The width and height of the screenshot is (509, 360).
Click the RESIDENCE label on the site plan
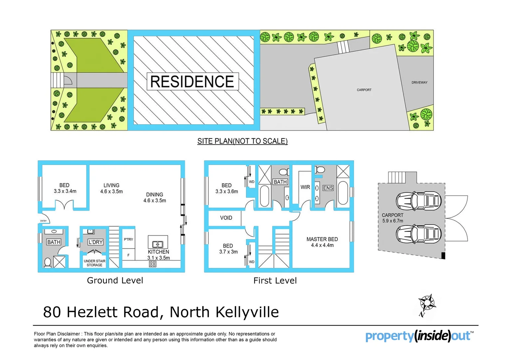(x=193, y=82)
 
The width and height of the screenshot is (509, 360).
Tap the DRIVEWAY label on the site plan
(x=419, y=82)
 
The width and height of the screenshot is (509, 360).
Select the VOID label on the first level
(x=226, y=218)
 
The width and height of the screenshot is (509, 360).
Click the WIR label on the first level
(x=305, y=187)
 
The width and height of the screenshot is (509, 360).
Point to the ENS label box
(x=328, y=188)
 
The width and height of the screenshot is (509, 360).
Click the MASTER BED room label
(x=322, y=239)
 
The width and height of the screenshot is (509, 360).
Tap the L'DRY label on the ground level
(x=95, y=242)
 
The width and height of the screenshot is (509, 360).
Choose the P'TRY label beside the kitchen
(x=128, y=239)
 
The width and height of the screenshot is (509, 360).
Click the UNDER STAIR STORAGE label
(x=95, y=263)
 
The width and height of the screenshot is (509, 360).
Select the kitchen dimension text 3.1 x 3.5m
(x=159, y=258)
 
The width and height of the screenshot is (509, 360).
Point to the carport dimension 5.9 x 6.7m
(x=392, y=221)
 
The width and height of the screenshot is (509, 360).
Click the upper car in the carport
(x=418, y=201)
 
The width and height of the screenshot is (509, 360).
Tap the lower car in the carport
(x=418, y=234)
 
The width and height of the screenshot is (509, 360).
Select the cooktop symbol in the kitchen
(x=153, y=264)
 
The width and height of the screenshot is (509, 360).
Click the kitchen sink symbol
(x=158, y=244)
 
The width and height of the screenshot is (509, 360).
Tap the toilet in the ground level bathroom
(x=48, y=263)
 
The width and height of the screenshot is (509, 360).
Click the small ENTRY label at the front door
(x=43, y=221)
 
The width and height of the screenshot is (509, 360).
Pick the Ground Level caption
(x=115, y=280)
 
